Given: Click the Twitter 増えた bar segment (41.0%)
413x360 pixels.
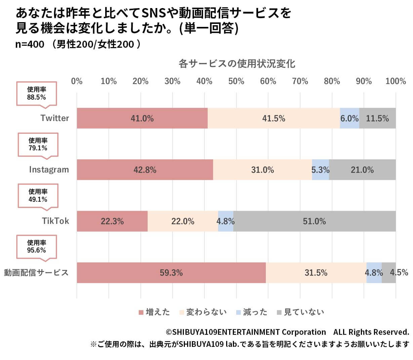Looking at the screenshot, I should tap(142, 118).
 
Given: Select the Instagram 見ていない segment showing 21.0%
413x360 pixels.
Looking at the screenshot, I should tap(362, 170).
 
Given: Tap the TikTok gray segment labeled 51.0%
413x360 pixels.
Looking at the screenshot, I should tap(314, 221).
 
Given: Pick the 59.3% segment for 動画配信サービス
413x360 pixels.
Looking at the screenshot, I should tap(171, 273).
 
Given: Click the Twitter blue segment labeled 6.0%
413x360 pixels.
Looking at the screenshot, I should tap(349, 118).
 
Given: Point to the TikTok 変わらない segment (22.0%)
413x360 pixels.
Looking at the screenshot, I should tap(183, 221).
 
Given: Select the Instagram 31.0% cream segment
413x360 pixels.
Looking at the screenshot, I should tap(262, 170).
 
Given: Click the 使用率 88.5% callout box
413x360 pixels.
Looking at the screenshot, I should tap(37, 93).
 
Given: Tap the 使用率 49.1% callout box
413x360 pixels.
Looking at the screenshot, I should tap(38, 196).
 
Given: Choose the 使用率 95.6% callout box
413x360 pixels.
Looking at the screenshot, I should tap(37, 247).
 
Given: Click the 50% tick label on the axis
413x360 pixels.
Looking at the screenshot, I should tap(236, 81).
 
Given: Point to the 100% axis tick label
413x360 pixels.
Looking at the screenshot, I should tap(396, 81).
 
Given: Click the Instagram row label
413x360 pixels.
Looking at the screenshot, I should tap(49, 170).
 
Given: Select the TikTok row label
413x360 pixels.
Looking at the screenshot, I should tap(55, 221).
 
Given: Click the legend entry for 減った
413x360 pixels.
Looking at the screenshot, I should tap(252, 312).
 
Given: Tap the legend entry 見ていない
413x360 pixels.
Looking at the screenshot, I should tap(300, 312).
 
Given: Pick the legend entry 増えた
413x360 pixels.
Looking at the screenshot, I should tap(154, 312).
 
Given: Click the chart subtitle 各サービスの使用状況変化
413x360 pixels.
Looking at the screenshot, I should tap(237, 64).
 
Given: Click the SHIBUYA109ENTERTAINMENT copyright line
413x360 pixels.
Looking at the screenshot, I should tap(287, 332).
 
